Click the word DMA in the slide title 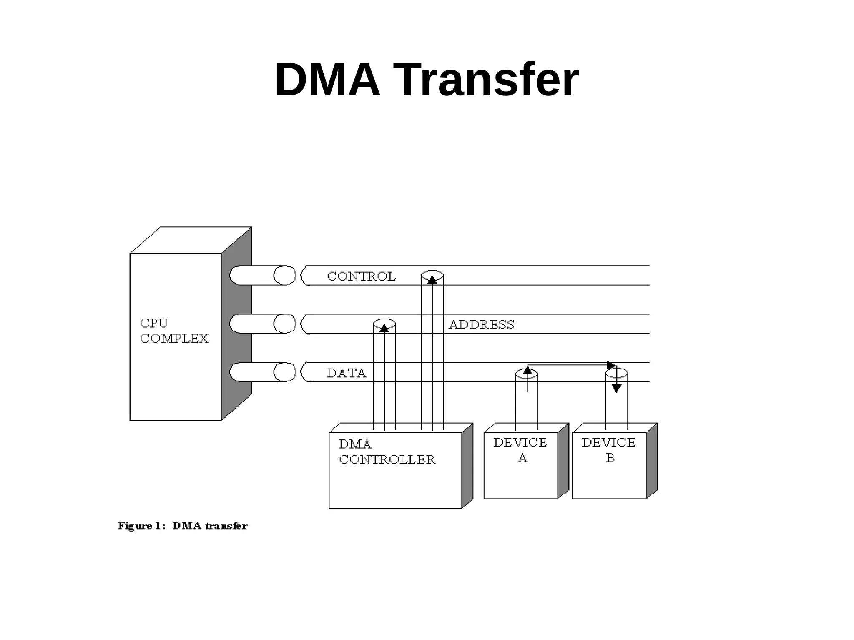(x=327, y=80)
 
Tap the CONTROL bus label (x=361, y=276)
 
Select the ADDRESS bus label (x=481, y=324)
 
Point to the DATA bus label (x=346, y=373)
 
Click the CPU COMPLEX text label (x=174, y=331)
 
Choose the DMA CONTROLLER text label (x=387, y=452)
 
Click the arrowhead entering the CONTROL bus (x=432, y=280)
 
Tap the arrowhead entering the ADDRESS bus (x=384, y=328)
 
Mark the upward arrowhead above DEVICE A (x=527, y=370)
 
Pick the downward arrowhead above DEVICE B (x=617, y=388)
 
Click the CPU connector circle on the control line (x=284, y=275)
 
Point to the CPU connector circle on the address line (x=284, y=324)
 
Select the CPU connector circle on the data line (x=284, y=372)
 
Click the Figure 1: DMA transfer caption (x=183, y=526)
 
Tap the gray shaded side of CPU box (x=236, y=325)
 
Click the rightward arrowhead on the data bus (x=612, y=365)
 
